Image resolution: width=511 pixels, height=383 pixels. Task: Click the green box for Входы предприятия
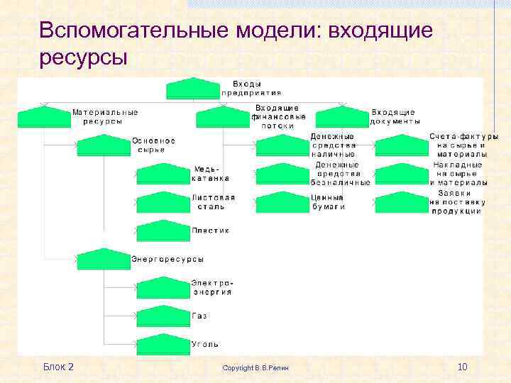(193, 89)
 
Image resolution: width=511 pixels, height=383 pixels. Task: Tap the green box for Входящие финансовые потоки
(223, 116)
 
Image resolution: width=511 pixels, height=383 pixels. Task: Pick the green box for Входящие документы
(343, 117)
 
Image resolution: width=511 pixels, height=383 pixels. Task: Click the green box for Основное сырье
(104, 145)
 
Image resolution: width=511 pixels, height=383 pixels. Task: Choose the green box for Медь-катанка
(163, 174)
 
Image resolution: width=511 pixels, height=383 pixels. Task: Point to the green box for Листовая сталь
(163, 202)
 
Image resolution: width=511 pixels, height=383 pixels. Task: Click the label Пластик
(210, 231)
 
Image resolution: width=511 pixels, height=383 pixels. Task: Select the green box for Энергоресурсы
(104, 260)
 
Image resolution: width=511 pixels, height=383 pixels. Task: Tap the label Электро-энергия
(211, 287)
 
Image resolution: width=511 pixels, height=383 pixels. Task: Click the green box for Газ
(163, 316)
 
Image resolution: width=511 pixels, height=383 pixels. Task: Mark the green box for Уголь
(163, 345)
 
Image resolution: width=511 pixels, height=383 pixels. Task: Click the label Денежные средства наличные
(333, 145)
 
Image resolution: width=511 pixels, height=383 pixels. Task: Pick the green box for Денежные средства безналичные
(282, 174)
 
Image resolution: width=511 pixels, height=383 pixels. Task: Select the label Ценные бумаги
(328, 202)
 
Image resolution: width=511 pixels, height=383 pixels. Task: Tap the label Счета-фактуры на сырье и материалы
(463, 145)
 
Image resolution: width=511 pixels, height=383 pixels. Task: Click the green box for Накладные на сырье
(402, 174)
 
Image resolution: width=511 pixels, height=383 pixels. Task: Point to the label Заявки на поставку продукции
(458, 202)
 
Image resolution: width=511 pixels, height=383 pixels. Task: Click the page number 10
(462, 367)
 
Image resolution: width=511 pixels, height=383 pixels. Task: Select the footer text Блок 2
(58, 367)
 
